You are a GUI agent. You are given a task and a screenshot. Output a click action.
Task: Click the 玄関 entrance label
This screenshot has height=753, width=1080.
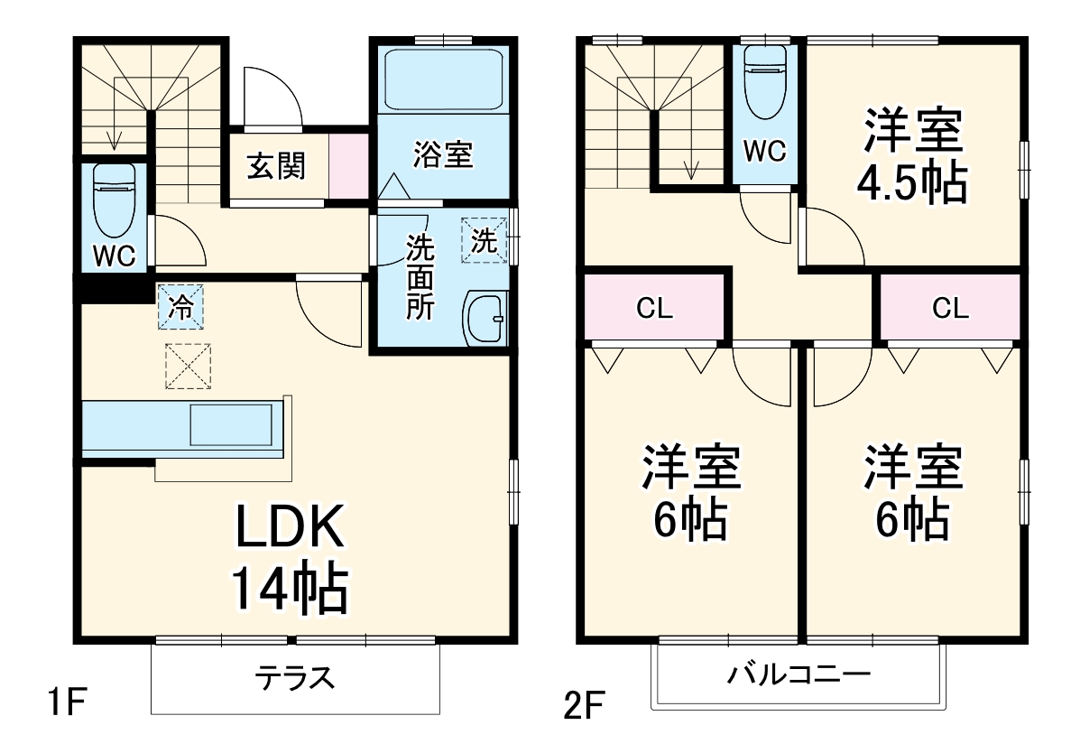(x=276, y=166)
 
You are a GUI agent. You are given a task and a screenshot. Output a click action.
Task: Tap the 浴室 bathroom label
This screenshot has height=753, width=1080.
(x=443, y=154)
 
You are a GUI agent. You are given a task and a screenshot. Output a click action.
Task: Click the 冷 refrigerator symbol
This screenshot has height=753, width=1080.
(x=181, y=307)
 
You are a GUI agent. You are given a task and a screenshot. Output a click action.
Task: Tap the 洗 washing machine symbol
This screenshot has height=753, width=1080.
(x=485, y=240)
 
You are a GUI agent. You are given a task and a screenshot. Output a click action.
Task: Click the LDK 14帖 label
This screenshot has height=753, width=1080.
(x=290, y=560)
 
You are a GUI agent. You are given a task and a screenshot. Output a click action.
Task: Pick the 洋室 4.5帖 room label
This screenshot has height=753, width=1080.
(x=913, y=156)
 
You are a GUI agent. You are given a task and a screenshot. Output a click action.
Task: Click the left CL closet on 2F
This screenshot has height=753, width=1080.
(x=655, y=309)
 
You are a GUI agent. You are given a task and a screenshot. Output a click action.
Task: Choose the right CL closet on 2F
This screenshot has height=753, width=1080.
(x=950, y=309)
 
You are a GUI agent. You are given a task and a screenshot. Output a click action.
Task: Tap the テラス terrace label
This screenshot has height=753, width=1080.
(x=294, y=677)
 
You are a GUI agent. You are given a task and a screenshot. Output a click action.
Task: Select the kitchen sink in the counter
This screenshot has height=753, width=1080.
(x=230, y=424)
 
